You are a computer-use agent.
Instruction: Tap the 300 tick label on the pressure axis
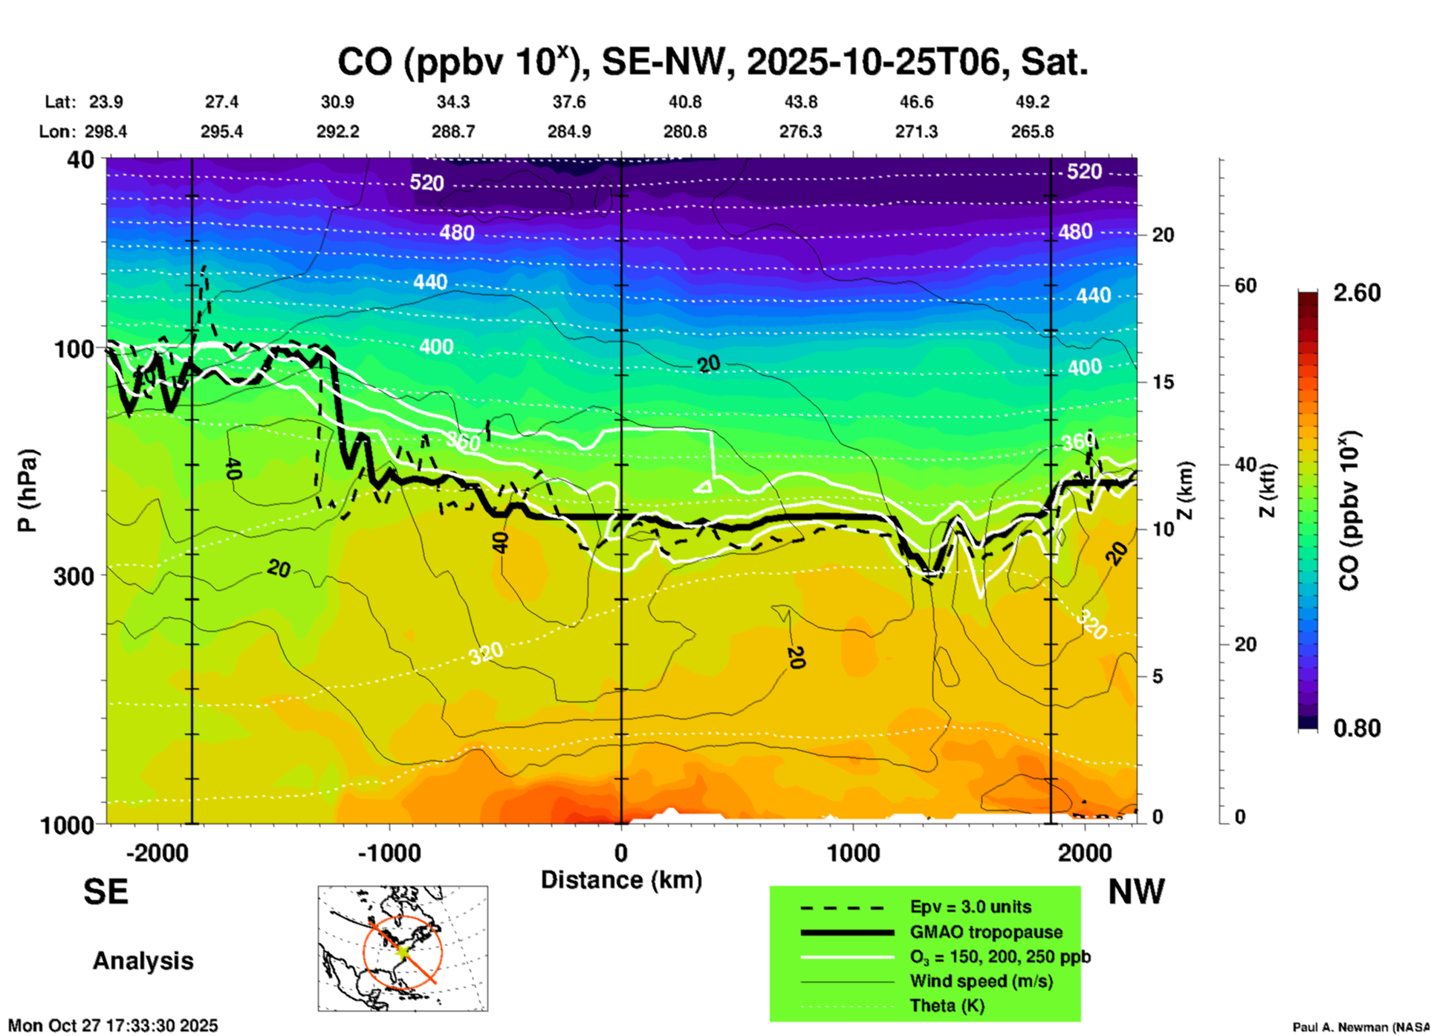[74, 576]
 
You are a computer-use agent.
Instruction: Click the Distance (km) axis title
[621, 880]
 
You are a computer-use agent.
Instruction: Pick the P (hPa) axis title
[27, 490]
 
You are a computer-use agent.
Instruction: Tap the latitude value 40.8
[684, 102]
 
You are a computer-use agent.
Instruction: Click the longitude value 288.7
[452, 132]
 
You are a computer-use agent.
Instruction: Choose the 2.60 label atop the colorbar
[1357, 293]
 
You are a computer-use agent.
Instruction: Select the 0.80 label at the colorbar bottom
[1357, 728]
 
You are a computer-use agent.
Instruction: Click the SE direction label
[106, 892]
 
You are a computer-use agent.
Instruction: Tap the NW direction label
[1136, 892]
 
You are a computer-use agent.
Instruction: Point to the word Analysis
[143, 961]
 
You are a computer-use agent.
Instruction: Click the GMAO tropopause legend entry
[986, 932]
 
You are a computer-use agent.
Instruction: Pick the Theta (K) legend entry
[947, 1006]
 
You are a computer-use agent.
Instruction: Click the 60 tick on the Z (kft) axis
[1245, 286]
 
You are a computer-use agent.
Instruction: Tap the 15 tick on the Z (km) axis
[1163, 382]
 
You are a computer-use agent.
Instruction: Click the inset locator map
[403, 948]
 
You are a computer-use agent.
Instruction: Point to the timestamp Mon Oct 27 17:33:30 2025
[113, 1026]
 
